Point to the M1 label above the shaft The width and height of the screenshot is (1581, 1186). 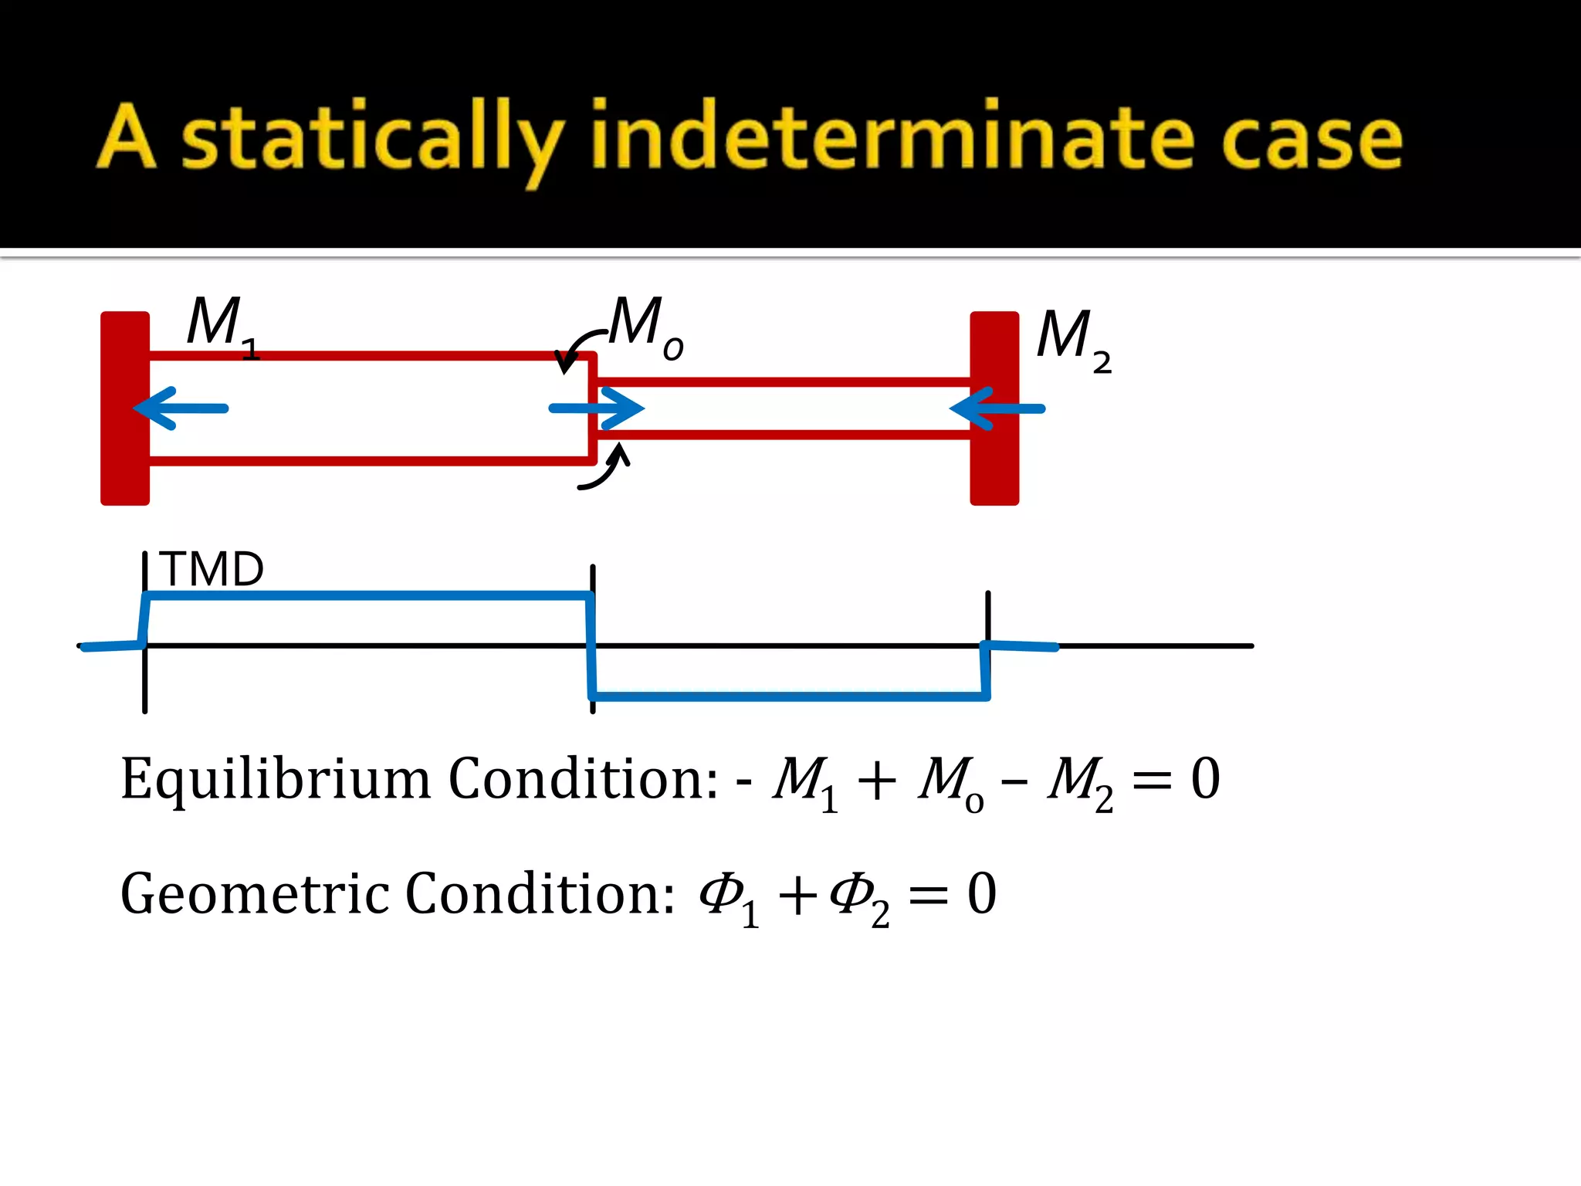[x=221, y=324]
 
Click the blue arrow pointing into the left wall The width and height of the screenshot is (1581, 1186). [x=182, y=408]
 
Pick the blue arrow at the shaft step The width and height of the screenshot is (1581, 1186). [x=597, y=408]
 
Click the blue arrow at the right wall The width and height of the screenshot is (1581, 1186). [x=997, y=408]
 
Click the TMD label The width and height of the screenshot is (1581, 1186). [x=212, y=569]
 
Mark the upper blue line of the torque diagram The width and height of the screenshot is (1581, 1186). [x=367, y=595]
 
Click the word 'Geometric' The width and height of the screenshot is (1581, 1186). [x=255, y=894]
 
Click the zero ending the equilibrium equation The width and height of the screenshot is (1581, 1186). [x=1205, y=778]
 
